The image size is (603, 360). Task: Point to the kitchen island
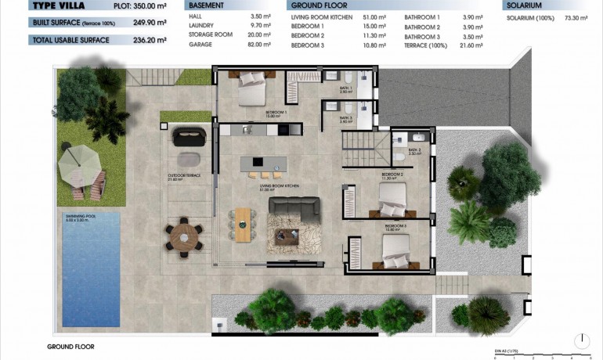pos(262,162)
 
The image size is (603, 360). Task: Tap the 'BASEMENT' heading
pos(206,5)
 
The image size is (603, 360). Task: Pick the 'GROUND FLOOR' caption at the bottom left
pos(70,346)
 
